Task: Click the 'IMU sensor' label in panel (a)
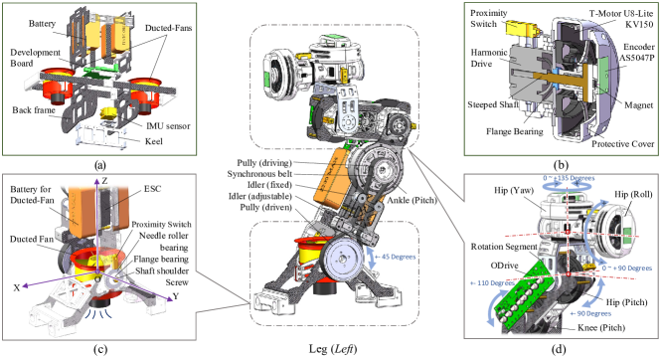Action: pyautogui.click(x=168, y=126)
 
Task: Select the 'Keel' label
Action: pyautogui.click(x=153, y=141)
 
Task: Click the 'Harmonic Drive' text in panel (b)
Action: pyautogui.click(x=489, y=58)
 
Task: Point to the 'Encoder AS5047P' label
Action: pyautogui.click(x=636, y=53)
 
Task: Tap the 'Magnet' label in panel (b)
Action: pyautogui.click(x=638, y=105)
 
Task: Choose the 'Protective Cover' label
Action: pyautogui.click(x=622, y=144)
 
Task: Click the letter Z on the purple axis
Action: pyautogui.click(x=104, y=181)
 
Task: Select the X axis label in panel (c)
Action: pyautogui.click(x=17, y=288)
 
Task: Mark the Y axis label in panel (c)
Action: pyautogui.click(x=176, y=296)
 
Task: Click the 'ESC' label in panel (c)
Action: pyautogui.click(x=152, y=188)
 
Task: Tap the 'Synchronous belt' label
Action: pyautogui.click(x=259, y=174)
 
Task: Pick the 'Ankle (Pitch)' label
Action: pyautogui.click(x=412, y=200)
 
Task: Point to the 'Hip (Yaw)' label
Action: pyautogui.click(x=514, y=191)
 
